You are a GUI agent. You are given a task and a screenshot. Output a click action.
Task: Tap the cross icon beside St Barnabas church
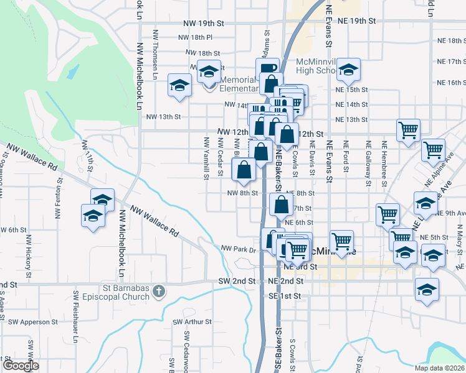tap(159, 290)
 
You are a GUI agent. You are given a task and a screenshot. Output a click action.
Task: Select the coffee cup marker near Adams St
tap(267, 68)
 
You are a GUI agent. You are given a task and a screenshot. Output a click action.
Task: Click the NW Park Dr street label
tap(239, 249)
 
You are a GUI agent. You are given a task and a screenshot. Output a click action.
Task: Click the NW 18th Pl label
tap(195, 38)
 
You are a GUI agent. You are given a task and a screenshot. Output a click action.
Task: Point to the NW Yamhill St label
tap(206, 159)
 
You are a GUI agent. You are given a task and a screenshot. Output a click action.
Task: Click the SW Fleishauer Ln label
tap(75, 316)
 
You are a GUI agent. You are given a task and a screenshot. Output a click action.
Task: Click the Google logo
tap(20, 366)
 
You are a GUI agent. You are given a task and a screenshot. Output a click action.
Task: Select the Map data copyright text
tap(439, 368)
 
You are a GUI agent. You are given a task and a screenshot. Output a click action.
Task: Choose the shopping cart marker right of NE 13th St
tap(408, 131)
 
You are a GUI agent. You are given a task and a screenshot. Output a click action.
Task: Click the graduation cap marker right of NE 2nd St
tap(427, 289)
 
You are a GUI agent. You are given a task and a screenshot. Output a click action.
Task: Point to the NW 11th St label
tap(90, 155)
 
